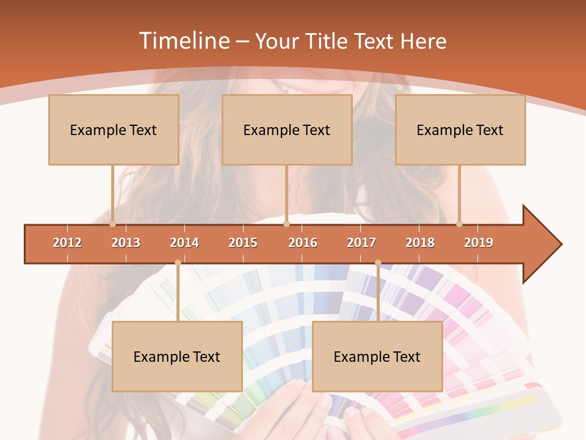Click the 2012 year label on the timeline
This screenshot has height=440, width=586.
tap(67, 243)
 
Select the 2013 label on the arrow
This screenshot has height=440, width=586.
tap(126, 243)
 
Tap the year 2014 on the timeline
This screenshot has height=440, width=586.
tap(184, 243)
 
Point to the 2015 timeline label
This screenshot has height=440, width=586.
tap(243, 243)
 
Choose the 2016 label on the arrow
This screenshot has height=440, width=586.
tap(303, 243)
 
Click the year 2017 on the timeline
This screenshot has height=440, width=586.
tap(361, 243)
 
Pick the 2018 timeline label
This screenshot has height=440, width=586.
tap(420, 243)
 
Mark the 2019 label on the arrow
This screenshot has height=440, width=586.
tap(479, 243)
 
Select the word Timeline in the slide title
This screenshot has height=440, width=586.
tap(183, 41)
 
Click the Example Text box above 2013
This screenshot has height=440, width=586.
tap(114, 130)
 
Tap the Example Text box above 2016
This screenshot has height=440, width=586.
tap(287, 130)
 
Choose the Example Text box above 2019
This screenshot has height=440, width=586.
tap(460, 130)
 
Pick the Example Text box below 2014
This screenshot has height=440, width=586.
tap(177, 356)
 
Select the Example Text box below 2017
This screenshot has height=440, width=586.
tap(377, 356)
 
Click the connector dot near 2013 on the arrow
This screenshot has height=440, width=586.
tap(113, 224)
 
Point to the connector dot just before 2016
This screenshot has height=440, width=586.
tap(286, 224)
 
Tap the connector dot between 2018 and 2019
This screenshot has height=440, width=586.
tap(460, 224)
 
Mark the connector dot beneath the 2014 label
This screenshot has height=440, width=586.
tap(178, 263)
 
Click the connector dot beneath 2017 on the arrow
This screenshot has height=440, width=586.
tap(378, 263)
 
